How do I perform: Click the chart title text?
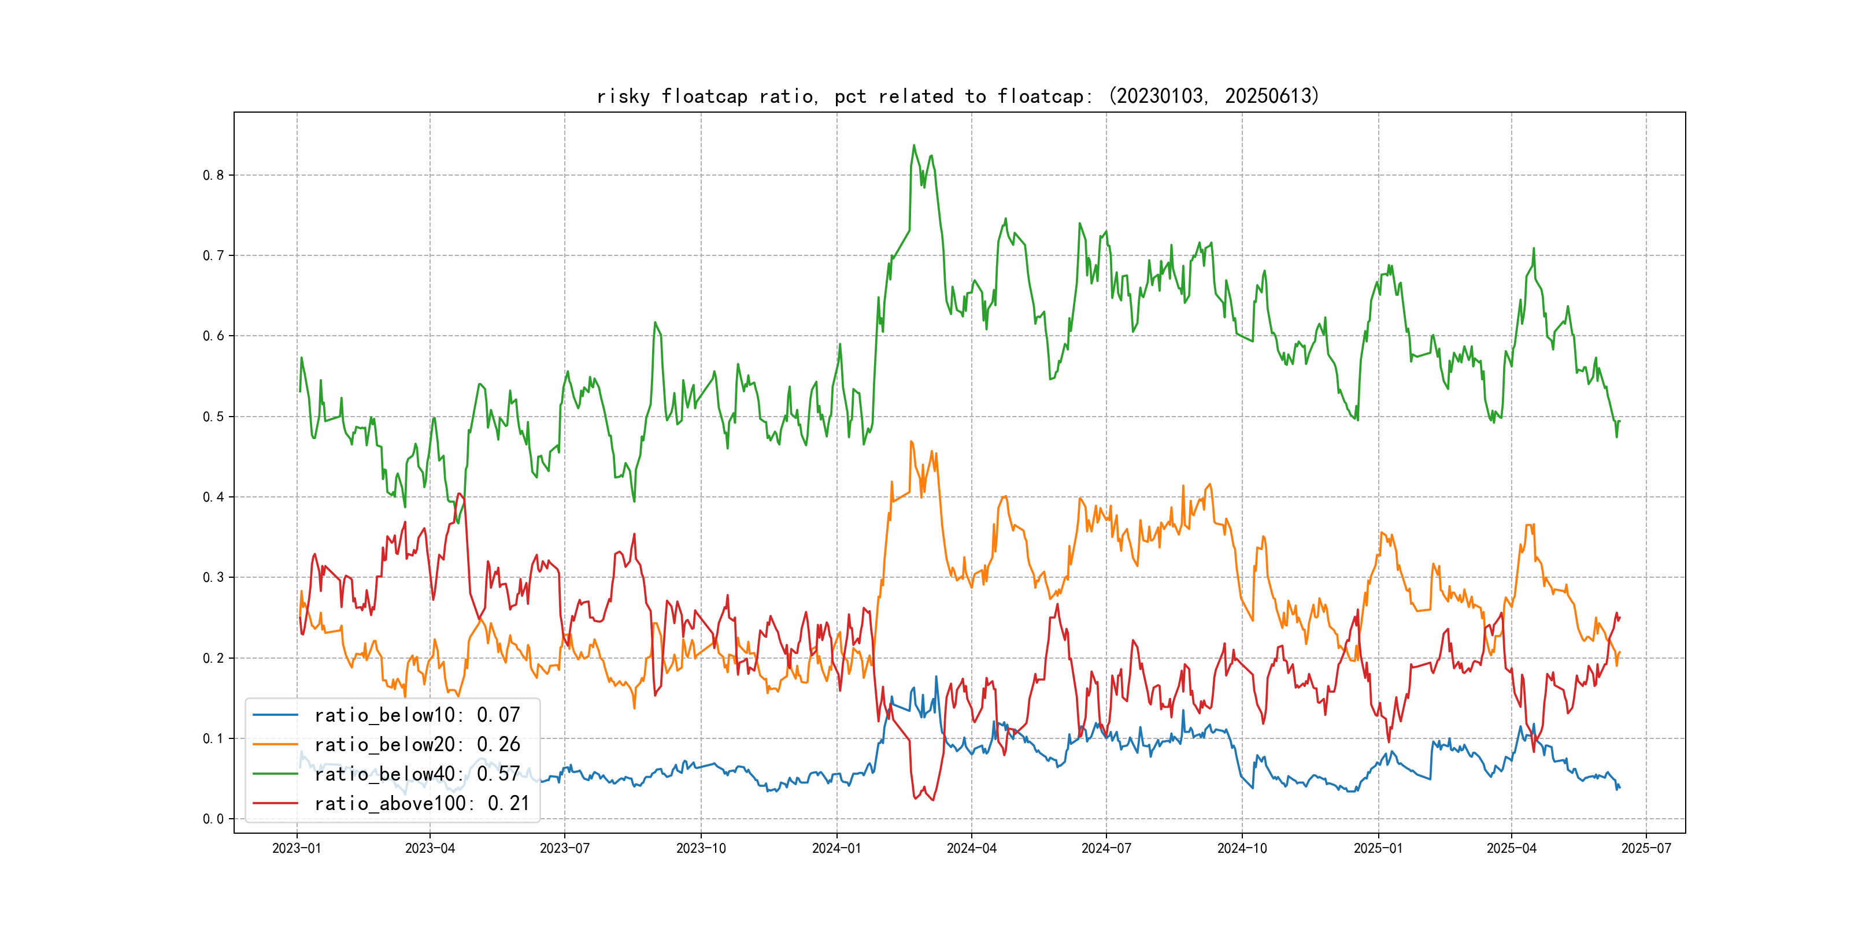click(x=957, y=96)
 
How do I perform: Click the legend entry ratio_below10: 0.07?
click(x=417, y=715)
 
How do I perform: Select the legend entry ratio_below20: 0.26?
click(x=417, y=744)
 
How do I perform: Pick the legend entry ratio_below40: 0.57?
click(x=417, y=774)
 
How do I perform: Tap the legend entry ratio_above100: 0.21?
click(x=422, y=803)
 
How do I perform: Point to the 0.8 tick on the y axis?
click(x=213, y=175)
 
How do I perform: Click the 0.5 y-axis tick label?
click(x=213, y=417)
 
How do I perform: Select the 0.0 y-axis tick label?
click(x=213, y=819)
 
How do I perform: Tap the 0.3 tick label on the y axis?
click(x=213, y=578)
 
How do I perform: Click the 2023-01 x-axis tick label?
click(x=297, y=848)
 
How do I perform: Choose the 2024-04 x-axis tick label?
click(x=971, y=848)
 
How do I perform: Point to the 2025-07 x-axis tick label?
click(x=1646, y=848)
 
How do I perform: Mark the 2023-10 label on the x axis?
click(x=701, y=848)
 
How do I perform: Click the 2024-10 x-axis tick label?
click(x=1242, y=848)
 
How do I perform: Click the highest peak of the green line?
click(x=914, y=146)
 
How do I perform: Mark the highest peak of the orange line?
click(x=911, y=441)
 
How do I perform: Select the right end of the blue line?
click(x=1619, y=787)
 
